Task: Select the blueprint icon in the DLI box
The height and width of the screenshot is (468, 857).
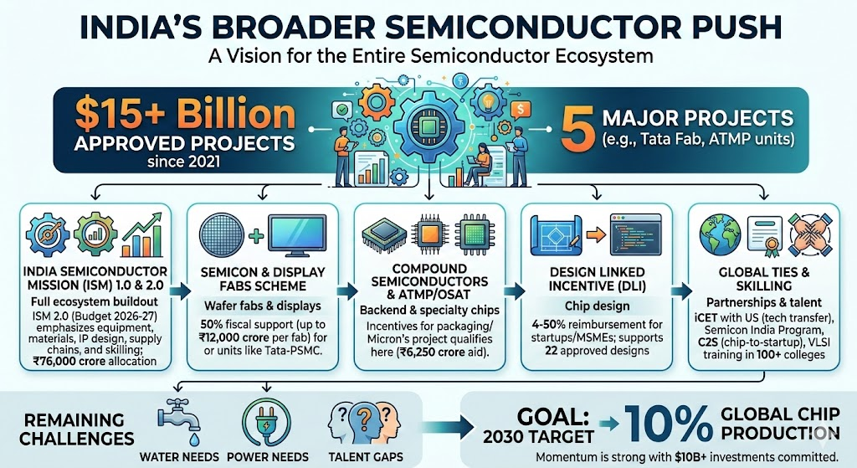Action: [555, 229]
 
